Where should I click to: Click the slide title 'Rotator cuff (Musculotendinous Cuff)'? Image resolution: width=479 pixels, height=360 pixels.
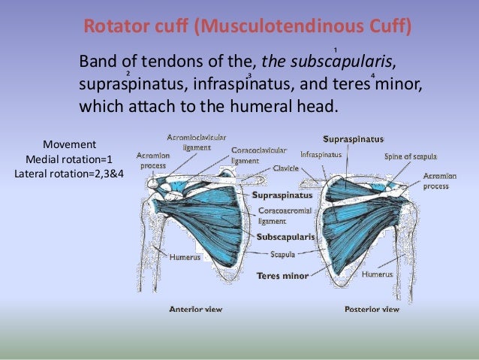[247, 28]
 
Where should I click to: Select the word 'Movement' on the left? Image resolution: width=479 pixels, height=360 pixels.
[69, 144]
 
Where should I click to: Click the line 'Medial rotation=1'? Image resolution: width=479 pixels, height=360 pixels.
[69, 159]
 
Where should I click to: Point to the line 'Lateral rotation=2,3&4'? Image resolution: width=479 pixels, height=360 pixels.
[69, 174]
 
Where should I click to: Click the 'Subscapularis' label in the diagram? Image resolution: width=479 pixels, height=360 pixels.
[285, 237]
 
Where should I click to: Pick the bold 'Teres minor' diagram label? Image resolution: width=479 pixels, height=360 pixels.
[282, 276]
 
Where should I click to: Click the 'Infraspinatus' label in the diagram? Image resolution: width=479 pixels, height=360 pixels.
[321, 154]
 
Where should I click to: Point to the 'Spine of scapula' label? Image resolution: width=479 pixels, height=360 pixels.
[408, 156]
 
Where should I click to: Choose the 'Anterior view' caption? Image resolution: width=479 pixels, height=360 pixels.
[196, 308]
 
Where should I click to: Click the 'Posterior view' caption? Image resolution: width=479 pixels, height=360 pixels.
[372, 308]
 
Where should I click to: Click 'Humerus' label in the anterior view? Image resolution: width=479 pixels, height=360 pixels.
[185, 257]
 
